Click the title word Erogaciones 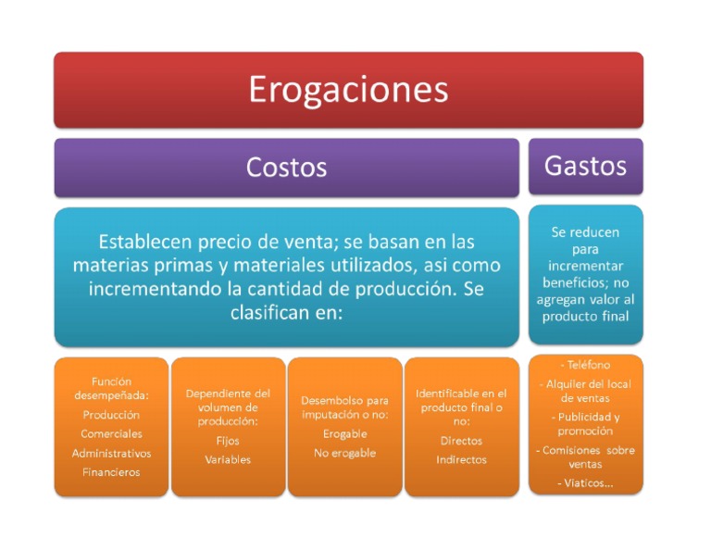click(x=348, y=90)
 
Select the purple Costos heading click(x=286, y=167)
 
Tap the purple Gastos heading click(x=585, y=166)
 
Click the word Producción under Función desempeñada click(x=111, y=415)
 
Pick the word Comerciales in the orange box click(x=111, y=434)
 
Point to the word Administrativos click(x=111, y=454)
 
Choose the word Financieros click(x=111, y=472)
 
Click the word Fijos click(x=228, y=441)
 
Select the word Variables click(x=228, y=459)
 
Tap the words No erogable click(x=344, y=453)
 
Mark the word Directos click(x=461, y=441)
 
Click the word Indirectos click(x=461, y=459)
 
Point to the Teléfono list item click(x=585, y=365)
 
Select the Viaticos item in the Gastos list click(x=585, y=483)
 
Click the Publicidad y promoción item click(x=585, y=424)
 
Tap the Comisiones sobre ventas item click(x=585, y=457)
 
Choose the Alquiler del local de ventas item click(x=585, y=391)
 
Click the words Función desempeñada click(x=111, y=388)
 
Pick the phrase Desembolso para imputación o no click(x=344, y=408)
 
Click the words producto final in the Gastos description click(x=585, y=317)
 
